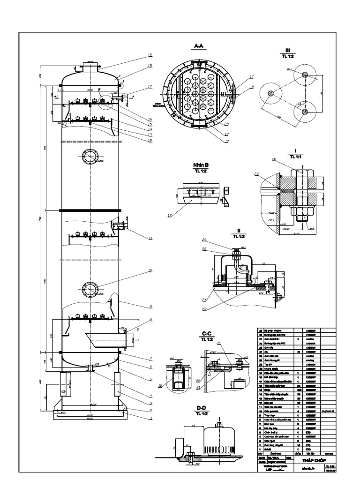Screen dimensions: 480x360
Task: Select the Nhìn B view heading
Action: tap(199, 165)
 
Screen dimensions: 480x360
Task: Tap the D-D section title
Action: tap(202, 408)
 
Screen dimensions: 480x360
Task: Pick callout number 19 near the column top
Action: tap(150, 56)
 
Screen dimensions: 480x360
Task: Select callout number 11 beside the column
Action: tap(150, 238)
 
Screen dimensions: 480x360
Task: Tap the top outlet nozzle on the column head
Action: tap(89, 65)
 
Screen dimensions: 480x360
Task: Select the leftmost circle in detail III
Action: tap(270, 94)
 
